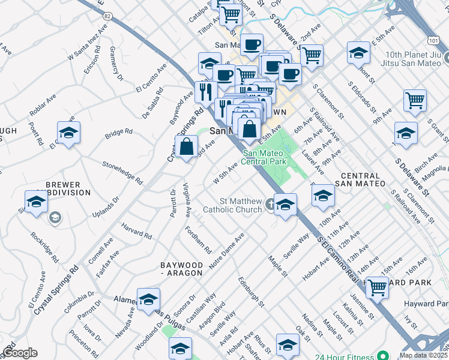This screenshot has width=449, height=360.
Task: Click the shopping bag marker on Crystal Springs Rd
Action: click(187, 146)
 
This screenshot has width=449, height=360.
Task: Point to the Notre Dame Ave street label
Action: click(226, 251)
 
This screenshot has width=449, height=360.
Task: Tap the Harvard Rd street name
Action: click(136, 231)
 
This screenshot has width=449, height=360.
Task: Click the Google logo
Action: click(19, 353)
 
